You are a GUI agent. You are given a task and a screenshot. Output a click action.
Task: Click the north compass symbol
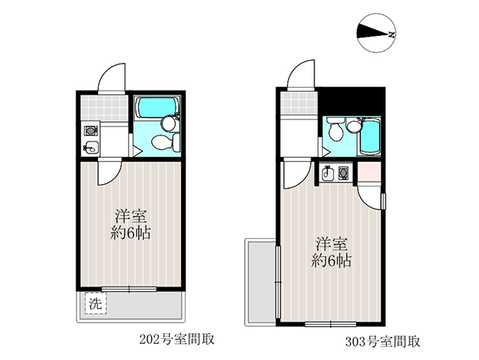click(377, 34)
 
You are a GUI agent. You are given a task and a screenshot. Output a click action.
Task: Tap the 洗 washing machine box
click(96, 303)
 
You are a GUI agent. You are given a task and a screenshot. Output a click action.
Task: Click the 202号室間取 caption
click(177, 340)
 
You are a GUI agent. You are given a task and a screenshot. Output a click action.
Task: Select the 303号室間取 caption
click(382, 341)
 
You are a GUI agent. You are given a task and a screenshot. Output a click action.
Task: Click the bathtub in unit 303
click(370, 137)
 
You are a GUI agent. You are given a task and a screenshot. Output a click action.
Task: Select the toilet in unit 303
click(335, 129)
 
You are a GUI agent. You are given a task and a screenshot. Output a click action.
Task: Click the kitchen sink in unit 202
click(91, 147)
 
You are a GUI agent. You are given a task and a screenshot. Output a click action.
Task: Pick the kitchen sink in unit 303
click(328, 174)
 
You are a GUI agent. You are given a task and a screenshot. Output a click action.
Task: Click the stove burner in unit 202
click(91, 131)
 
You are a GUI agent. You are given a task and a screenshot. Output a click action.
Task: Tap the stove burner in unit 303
click(343, 173)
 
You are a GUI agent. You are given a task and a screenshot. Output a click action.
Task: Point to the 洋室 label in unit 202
click(131, 216)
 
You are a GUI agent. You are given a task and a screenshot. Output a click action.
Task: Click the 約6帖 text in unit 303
click(332, 261)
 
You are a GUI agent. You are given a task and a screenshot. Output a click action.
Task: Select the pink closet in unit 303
click(369, 172)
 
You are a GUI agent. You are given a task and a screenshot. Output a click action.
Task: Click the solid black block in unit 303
click(351, 102)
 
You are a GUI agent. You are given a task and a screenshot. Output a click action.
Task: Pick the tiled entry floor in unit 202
click(104, 109)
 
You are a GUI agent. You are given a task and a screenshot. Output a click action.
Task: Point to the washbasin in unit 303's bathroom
click(354, 126)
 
